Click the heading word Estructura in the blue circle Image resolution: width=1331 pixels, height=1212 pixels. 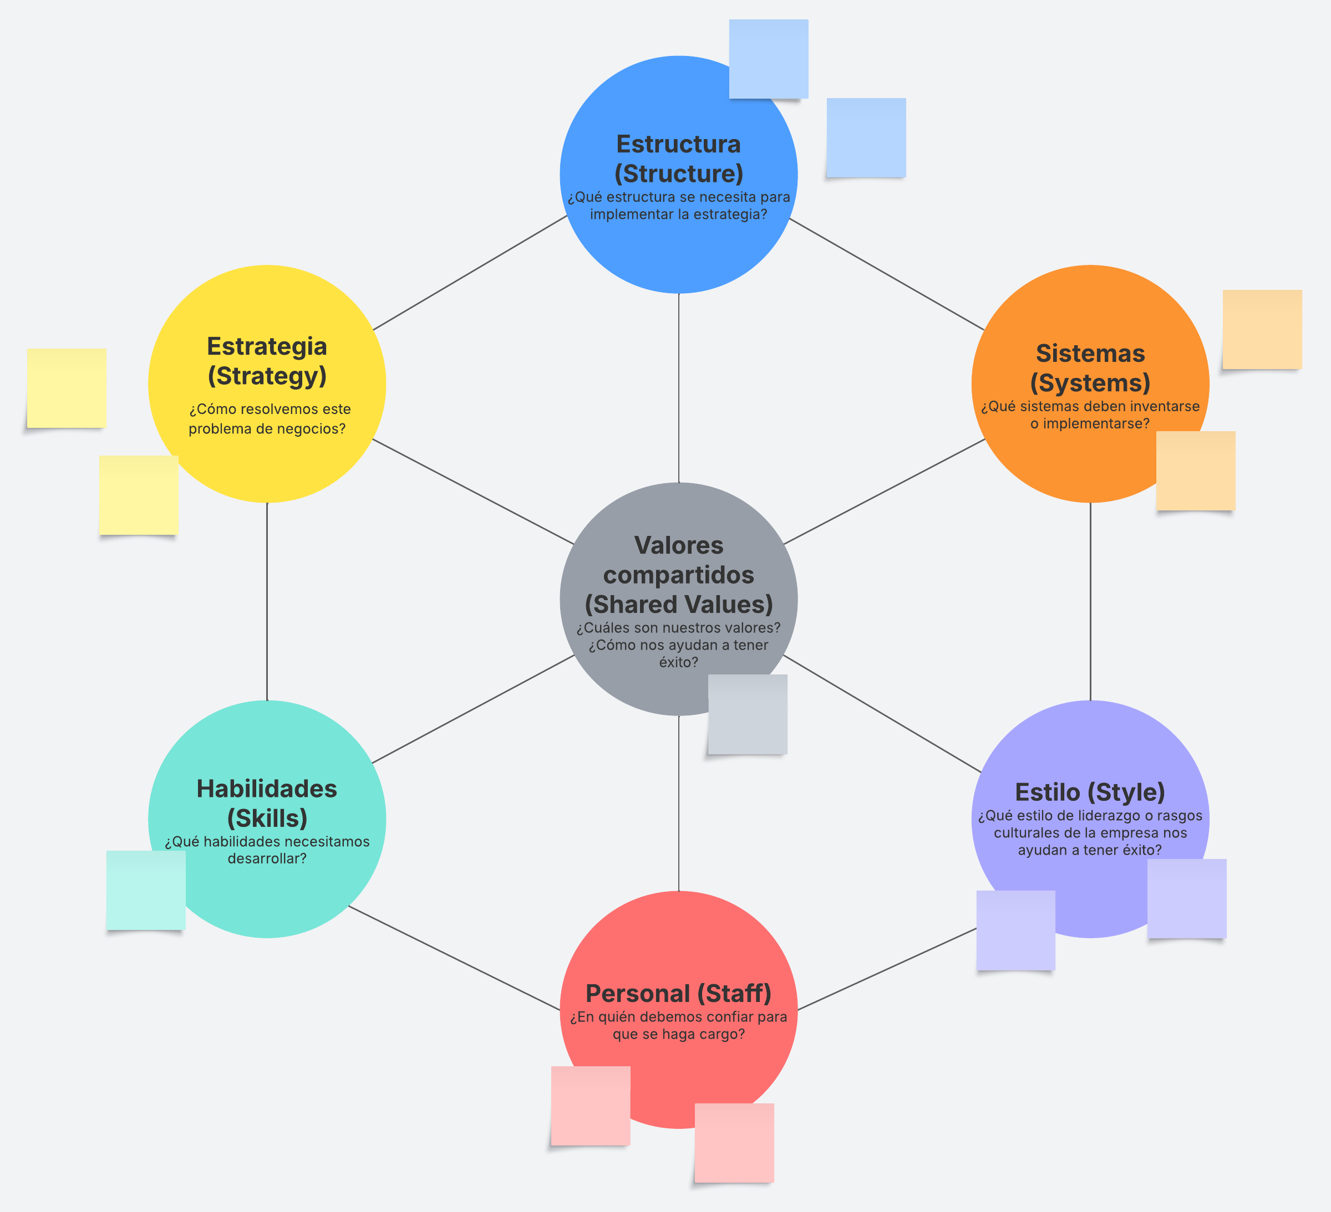click(x=678, y=144)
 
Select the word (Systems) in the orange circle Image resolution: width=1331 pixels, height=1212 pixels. click(x=1090, y=383)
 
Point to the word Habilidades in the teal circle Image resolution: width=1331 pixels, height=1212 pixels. click(x=267, y=789)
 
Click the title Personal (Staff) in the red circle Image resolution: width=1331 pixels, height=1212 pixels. click(x=678, y=993)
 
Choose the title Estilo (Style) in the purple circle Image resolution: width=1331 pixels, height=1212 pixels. click(x=1089, y=792)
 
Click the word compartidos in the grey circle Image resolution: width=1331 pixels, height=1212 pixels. click(x=678, y=575)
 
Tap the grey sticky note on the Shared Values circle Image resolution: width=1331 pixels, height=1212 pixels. click(x=748, y=714)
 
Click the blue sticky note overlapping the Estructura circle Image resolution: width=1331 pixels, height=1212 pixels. click(x=769, y=59)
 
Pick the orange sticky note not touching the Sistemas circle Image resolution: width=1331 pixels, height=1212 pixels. click(x=1262, y=329)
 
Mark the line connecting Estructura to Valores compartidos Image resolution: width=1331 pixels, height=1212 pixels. click(x=679, y=388)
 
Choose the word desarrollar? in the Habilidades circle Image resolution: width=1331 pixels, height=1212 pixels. click(x=267, y=858)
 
